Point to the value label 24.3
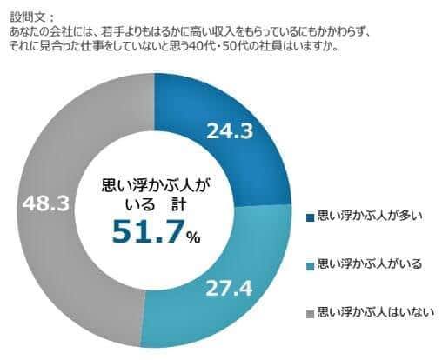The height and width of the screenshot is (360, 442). point(230,133)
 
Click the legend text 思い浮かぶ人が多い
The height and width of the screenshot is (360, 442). point(370,217)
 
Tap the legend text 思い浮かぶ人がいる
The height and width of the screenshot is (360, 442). point(370,263)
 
